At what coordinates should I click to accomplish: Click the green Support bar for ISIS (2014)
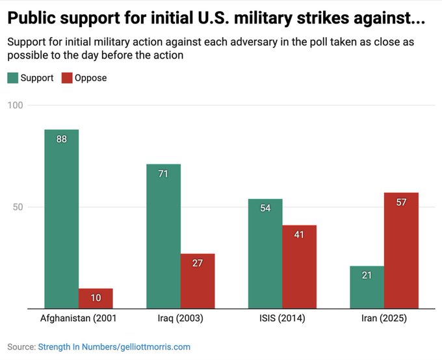[265, 253]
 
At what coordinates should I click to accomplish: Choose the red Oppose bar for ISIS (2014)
[299, 266]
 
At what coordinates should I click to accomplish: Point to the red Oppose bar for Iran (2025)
[401, 250]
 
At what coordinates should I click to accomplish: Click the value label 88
[62, 138]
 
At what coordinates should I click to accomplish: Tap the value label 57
[401, 202]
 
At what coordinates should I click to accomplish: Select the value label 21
[367, 276]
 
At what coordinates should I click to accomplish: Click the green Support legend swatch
[12, 78]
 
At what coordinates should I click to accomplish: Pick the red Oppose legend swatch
[67, 78]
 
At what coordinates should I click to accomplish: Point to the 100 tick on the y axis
[15, 105]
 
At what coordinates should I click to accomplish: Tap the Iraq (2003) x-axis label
[180, 318]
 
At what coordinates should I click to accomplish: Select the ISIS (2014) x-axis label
[281, 318]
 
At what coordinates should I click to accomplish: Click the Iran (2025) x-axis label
[383, 318]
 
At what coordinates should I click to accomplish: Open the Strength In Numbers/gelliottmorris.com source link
[114, 347]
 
